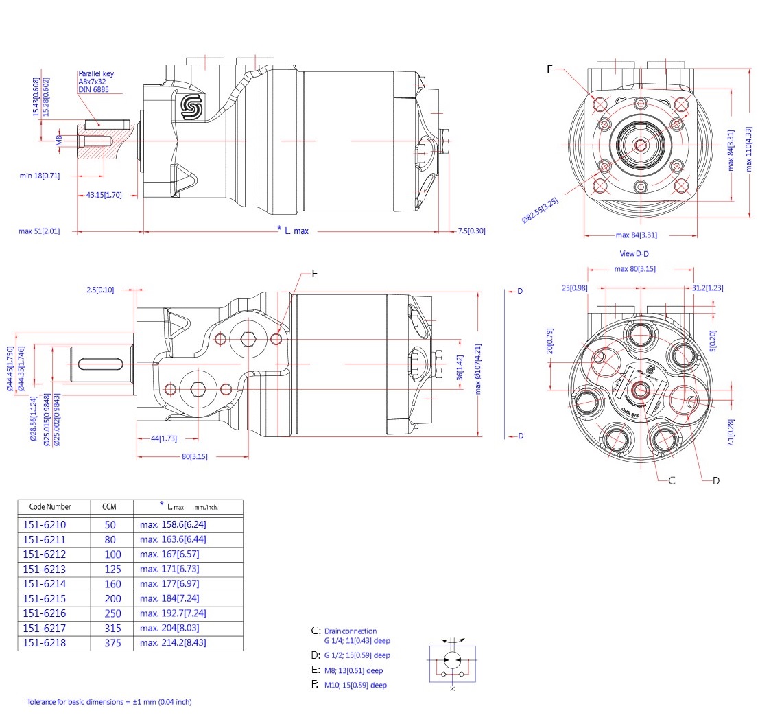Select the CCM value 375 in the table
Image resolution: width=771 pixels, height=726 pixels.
coord(112,643)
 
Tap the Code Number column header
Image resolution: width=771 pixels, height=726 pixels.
coord(50,507)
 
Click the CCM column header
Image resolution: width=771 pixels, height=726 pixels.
coord(109,507)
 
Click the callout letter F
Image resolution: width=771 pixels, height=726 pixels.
coord(549,69)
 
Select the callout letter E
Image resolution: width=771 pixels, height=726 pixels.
coord(315,273)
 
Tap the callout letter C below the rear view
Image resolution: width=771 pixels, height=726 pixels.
coord(672,480)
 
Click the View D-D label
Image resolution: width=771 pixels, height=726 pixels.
coord(634,254)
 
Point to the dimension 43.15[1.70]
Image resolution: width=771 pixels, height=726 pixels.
coord(104,195)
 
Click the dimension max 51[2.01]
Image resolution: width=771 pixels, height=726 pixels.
coord(39,231)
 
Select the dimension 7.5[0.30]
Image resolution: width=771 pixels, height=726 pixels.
coord(471,231)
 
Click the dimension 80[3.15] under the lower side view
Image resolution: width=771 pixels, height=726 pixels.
coord(195,456)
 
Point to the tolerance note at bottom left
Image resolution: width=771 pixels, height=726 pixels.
coord(109,702)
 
